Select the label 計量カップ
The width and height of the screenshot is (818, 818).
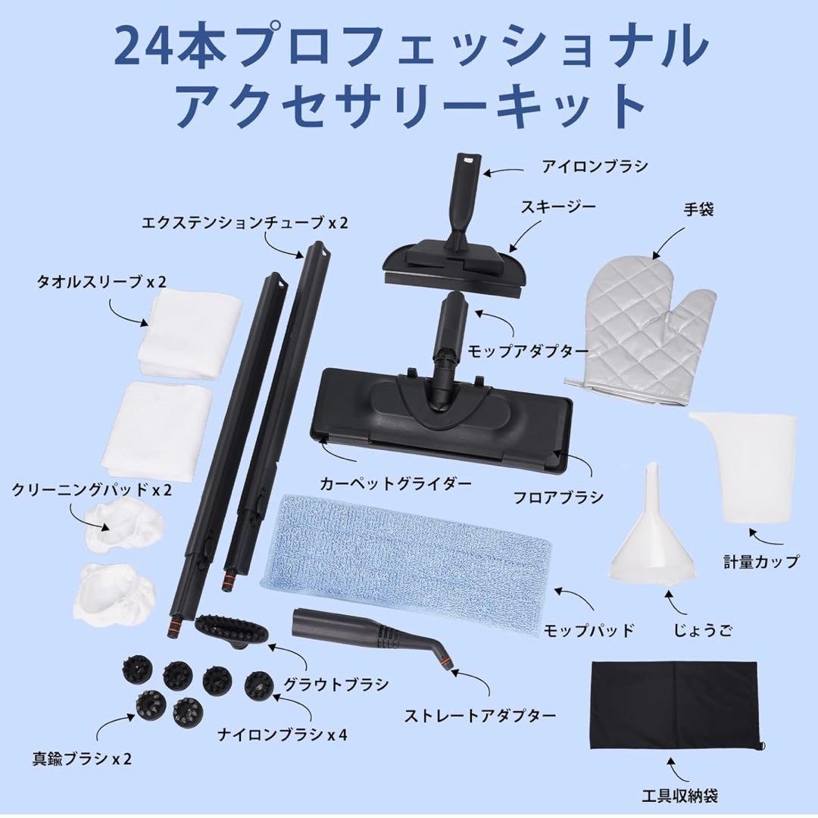[x=760, y=562]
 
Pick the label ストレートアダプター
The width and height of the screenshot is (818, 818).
[x=480, y=715]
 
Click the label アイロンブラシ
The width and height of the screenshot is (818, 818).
[x=595, y=166]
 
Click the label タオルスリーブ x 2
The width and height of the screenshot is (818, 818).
[x=102, y=282]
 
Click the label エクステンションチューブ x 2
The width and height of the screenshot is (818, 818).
[x=244, y=223]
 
